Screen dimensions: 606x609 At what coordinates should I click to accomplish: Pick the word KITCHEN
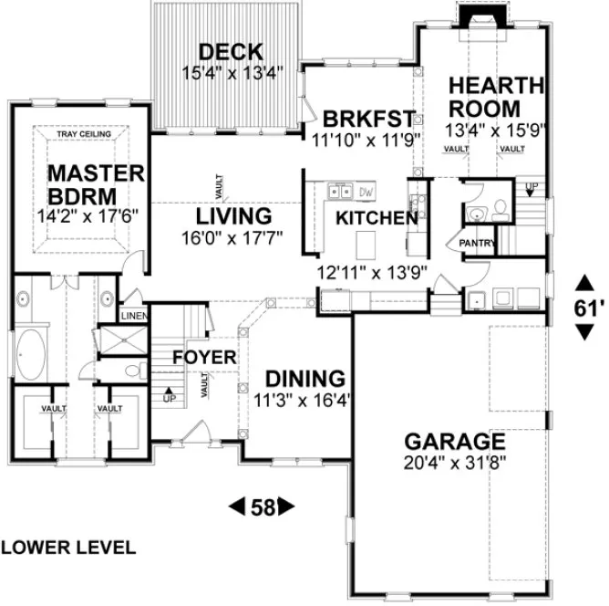(x=377, y=218)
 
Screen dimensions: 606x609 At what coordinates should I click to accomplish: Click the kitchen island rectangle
(x=366, y=244)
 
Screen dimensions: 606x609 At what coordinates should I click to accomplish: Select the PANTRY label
(x=476, y=244)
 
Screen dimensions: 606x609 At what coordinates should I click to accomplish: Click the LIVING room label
(x=234, y=217)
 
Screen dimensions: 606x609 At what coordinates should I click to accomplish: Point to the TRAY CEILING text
(x=84, y=135)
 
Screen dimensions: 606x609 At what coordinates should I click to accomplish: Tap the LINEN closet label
(x=133, y=316)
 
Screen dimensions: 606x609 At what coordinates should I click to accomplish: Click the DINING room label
(x=304, y=378)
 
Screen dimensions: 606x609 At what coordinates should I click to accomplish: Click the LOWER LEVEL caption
(x=69, y=548)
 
